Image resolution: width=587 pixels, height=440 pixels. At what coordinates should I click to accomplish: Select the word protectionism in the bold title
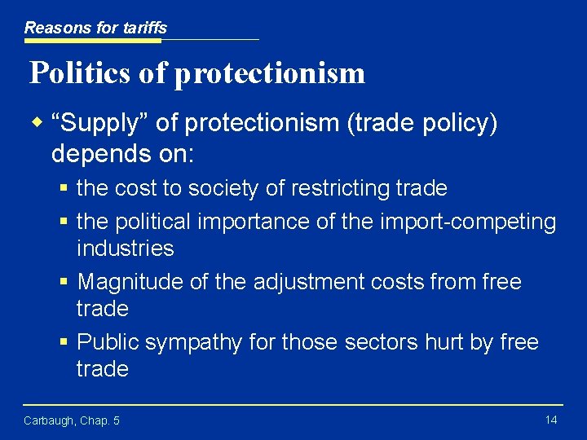point(269,73)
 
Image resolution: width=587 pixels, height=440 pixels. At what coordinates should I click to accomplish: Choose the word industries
point(125,249)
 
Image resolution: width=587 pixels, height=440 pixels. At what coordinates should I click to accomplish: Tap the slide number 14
point(550,419)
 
